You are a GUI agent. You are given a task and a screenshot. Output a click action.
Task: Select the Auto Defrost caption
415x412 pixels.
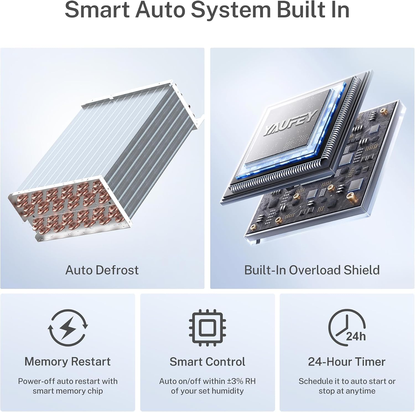click(102, 270)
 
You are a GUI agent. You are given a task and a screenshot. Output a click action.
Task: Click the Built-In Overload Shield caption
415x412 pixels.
click(312, 270)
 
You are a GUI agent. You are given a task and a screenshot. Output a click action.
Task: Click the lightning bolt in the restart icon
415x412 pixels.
click(68, 328)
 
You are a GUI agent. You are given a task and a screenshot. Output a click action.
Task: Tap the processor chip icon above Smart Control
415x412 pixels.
click(207, 328)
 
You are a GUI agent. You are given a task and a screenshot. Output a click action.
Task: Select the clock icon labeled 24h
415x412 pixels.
click(347, 328)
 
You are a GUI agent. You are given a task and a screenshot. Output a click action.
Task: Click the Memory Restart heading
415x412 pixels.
click(68, 362)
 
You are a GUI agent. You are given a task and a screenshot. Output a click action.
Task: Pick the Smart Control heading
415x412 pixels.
click(207, 362)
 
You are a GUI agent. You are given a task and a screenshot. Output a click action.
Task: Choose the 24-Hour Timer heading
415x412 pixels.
click(347, 362)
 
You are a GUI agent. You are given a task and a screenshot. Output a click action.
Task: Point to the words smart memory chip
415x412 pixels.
click(68, 391)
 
